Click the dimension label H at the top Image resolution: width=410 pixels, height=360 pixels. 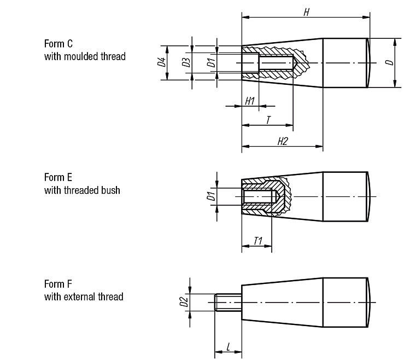coord(306,12)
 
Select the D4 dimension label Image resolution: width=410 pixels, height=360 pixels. coord(162,62)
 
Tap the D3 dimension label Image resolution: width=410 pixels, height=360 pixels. coord(186,62)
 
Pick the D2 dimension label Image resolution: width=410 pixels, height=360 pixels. coord(184,301)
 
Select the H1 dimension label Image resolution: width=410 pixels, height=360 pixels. coord(250,101)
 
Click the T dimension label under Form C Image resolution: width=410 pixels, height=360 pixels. coord(268,120)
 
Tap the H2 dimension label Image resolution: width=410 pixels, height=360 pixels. coord(283,141)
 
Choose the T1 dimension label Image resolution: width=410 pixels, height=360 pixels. coord(258,241)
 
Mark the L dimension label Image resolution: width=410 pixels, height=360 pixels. coord(229,347)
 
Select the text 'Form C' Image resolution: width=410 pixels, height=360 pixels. coord(58,44)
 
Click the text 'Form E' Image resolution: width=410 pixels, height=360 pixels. coord(58,177)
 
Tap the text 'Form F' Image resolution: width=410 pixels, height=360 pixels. coord(58,284)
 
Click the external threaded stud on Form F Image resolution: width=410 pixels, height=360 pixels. coord(228,302)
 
